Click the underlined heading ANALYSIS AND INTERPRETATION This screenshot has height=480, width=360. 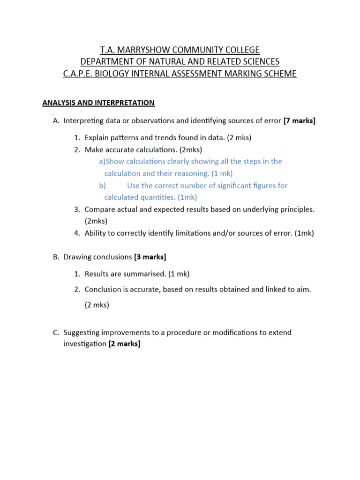(x=98, y=103)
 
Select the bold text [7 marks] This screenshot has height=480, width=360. (x=300, y=121)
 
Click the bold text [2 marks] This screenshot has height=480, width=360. (x=124, y=344)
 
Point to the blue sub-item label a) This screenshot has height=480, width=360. (x=102, y=161)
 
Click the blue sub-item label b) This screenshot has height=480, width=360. (x=102, y=186)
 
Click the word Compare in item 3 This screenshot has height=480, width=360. (x=98, y=209)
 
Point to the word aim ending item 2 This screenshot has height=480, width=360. (x=303, y=289)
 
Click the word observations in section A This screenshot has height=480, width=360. (x=148, y=121)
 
